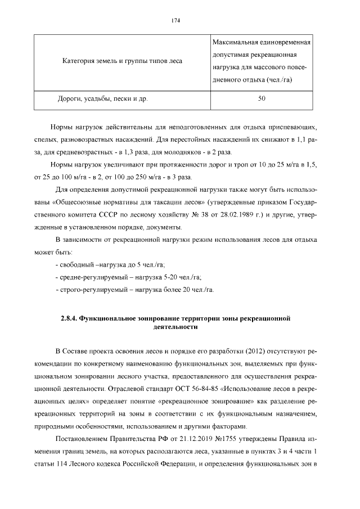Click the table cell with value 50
coord(262,99)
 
